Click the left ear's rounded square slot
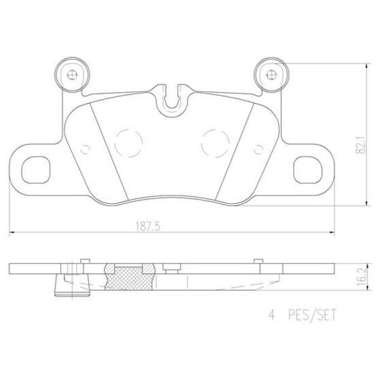(x=36, y=169)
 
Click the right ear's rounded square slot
(x=309, y=169)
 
